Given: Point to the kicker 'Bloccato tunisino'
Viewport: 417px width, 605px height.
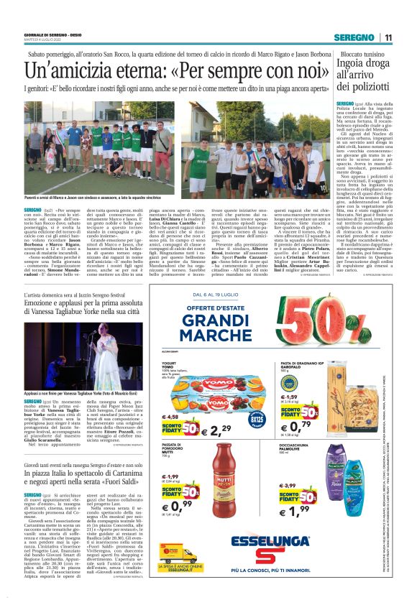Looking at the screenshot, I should tap(362, 55).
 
